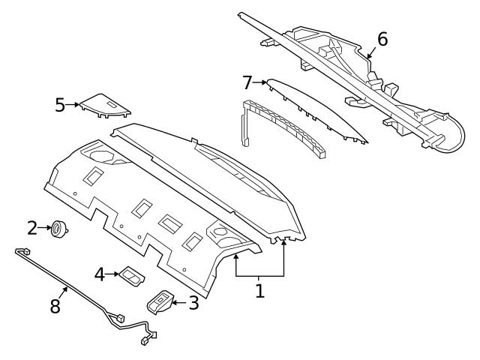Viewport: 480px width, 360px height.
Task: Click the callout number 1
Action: (259, 290)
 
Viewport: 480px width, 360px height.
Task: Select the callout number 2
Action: (32, 227)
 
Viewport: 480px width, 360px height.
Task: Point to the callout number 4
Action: (100, 274)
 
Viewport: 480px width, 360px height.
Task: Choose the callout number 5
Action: (60, 104)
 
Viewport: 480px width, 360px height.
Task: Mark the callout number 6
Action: (382, 39)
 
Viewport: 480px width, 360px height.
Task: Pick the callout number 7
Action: (248, 82)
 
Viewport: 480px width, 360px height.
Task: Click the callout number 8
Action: (54, 307)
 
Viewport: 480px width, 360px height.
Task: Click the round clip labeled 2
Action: (57, 229)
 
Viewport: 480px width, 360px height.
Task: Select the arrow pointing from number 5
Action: (73, 105)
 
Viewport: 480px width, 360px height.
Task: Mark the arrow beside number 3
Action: (178, 302)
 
